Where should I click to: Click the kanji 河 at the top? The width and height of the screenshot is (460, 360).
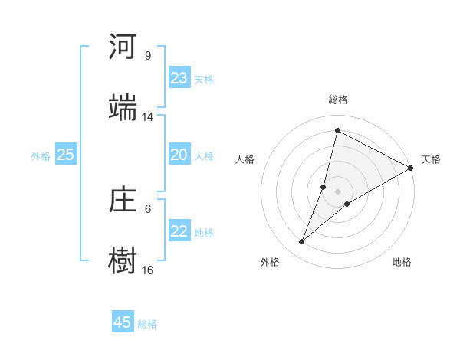[123, 47]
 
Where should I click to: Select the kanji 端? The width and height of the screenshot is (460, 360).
[123, 107]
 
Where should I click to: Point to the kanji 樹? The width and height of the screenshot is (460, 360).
[123, 260]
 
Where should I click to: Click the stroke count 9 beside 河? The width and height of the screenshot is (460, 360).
[148, 56]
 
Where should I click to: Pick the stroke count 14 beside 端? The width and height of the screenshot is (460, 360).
[148, 117]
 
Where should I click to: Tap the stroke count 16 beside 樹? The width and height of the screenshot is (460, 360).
[148, 270]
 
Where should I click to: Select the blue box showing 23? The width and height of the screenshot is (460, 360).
[179, 78]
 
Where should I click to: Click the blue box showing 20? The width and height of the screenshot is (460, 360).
[179, 155]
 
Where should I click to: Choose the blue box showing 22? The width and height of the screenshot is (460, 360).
[179, 231]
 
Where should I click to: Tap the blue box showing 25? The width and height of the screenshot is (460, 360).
[66, 155]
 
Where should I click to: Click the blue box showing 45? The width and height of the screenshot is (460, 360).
[123, 322]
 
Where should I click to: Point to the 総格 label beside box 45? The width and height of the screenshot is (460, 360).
[148, 324]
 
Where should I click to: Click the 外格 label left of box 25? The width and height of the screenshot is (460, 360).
[41, 156]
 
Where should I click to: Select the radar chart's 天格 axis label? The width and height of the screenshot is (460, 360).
[432, 159]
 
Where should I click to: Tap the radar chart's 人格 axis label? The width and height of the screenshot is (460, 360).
[245, 159]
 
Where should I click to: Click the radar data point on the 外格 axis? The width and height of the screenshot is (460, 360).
[302, 242]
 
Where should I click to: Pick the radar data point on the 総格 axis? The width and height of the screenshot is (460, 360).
[337, 131]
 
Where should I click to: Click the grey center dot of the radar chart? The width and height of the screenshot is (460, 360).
[337, 191]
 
